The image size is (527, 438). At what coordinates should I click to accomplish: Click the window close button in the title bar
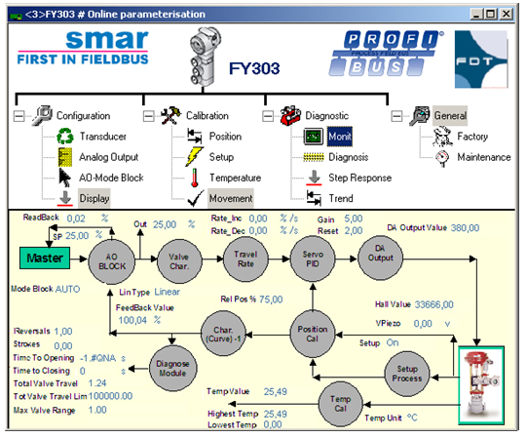point(507,14)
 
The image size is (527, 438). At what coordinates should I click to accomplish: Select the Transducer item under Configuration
point(103,137)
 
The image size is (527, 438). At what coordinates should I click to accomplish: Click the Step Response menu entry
point(360,178)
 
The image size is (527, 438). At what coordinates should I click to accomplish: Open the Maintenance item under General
point(483,157)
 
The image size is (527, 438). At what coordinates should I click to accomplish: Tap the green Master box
point(45,258)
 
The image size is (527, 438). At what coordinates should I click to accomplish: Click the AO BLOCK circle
point(112,261)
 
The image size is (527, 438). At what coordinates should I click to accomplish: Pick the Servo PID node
point(313,259)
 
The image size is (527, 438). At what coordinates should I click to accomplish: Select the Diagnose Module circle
point(172,369)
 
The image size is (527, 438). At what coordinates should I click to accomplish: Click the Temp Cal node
point(340,404)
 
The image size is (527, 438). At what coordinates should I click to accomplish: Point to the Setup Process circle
point(406,374)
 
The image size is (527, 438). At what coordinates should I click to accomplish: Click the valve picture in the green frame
point(481,385)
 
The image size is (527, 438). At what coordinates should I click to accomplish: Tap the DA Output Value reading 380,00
point(465,228)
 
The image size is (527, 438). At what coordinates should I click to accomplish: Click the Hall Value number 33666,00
point(433,304)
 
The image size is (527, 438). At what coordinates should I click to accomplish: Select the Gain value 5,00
point(354,219)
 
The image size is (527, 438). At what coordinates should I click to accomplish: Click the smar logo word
point(107,39)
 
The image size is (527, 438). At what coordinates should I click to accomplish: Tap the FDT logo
point(481,60)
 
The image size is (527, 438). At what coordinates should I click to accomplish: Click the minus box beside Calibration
point(149,116)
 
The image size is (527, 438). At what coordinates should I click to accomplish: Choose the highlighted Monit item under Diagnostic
point(340,137)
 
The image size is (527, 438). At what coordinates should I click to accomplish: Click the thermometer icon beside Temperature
point(194,178)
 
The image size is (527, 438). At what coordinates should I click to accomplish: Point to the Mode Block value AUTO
point(67,289)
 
